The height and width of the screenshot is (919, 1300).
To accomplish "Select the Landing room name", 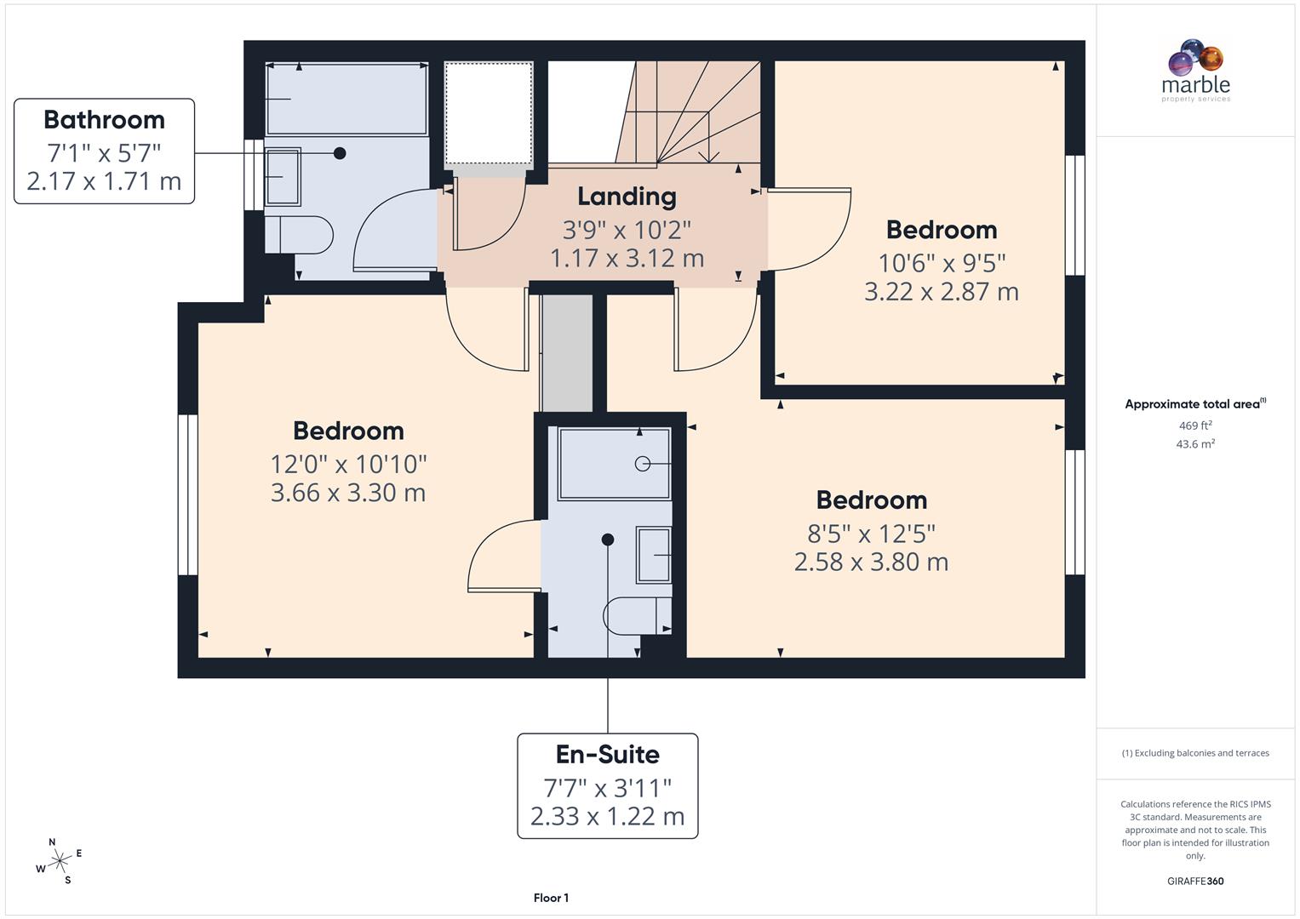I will (x=627, y=197).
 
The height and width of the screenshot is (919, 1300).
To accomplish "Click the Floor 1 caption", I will (x=551, y=898).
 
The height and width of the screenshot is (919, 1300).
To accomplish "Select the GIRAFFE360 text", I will (x=1195, y=881).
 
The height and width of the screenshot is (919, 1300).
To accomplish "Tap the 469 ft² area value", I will (x=1195, y=425).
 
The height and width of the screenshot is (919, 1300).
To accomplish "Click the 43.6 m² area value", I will (x=1195, y=444).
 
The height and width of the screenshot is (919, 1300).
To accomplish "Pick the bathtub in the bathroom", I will (x=346, y=99).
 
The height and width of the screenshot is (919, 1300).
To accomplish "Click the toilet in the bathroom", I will (x=298, y=234).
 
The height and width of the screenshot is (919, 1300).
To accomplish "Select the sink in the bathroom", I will (x=283, y=177).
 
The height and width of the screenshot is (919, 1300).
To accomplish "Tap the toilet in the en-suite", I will (x=637, y=615).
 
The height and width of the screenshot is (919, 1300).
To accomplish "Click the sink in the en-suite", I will (x=654, y=555).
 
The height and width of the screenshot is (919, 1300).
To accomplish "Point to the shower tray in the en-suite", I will (x=614, y=464).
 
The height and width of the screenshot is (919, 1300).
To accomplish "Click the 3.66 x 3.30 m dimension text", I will (x=348, y=493).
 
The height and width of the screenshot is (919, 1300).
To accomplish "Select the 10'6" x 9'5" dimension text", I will (x=942, y=263).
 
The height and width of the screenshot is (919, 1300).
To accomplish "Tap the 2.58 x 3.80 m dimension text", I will (x=871, y=562).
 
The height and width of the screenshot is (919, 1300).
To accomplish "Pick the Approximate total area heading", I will (x=1194, y=404).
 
